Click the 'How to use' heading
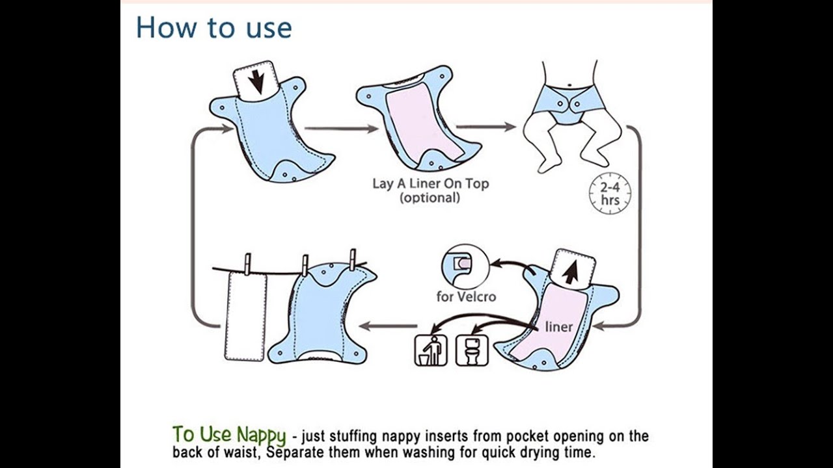point(214,28)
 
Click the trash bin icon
point(431,350)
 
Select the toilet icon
point(471,350)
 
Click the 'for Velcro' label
point(466,297)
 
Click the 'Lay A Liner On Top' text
point(430,183)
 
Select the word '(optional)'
point(430,198)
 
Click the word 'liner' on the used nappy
point(558,326)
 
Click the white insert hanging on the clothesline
point(245,315)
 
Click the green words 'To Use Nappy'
point(228,434)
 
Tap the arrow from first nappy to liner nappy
point(340,129)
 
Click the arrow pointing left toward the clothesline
point(389,326)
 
